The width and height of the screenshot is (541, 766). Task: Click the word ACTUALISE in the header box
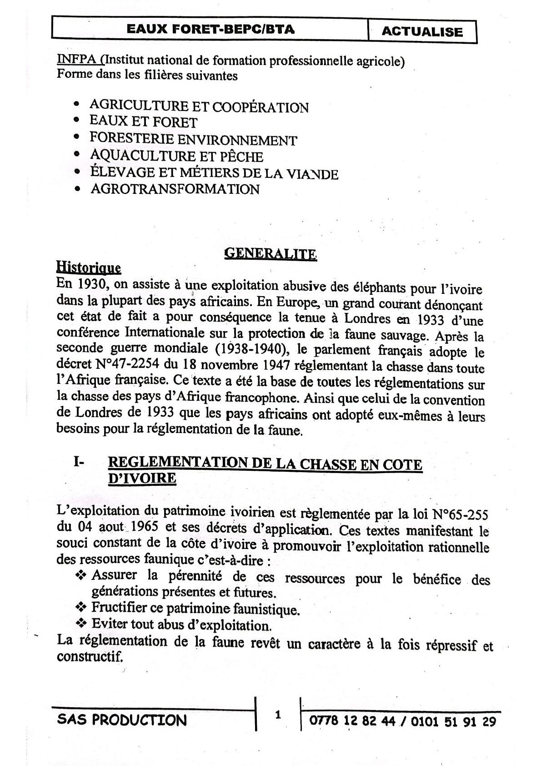coord(422,31)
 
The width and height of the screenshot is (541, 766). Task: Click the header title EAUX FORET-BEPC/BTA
coord(210,29)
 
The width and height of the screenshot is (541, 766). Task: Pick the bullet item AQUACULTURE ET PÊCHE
coord(176,156)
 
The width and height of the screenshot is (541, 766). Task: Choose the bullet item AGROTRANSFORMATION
coord(175,189)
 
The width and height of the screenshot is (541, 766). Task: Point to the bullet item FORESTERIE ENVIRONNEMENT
coord(193,139)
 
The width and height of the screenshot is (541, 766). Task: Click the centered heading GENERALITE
coord(270,253)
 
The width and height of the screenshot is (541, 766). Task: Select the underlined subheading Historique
coord(89,267)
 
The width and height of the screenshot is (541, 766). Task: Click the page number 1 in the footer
coord(278,716)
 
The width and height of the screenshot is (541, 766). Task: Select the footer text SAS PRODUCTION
coord(122,720)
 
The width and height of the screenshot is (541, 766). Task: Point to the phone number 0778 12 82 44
coord(352,721)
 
